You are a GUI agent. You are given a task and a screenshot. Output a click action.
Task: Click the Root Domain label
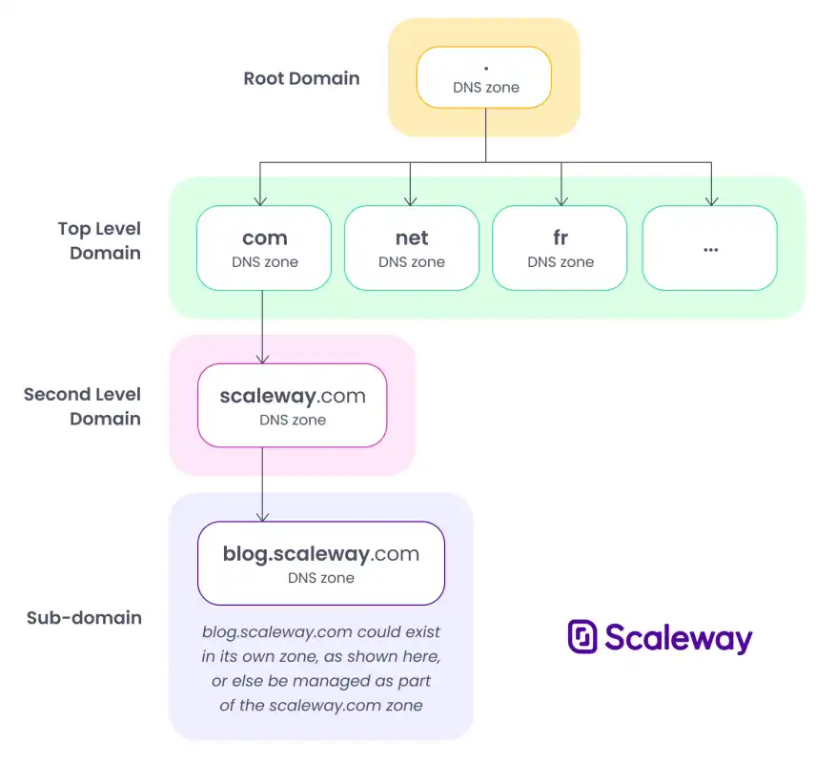tap(301, 78)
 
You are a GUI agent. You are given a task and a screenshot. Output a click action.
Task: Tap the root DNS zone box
tap(484, 77)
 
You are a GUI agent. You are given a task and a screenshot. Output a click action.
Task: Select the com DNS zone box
tap(264, 248)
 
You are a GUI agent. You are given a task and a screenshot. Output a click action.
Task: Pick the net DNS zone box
tap(412, 248)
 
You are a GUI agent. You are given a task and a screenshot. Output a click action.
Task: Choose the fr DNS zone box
tap(560, 248)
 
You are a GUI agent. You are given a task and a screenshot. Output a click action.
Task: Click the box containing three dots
tap(709, 248)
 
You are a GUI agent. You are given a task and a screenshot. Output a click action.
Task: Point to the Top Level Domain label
tap(100, 240)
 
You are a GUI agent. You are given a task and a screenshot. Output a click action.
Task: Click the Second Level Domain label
tap(83, 406)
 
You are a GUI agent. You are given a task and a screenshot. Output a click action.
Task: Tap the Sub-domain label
tap(84, 618)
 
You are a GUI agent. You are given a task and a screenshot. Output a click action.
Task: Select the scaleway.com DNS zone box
tap(293, 405)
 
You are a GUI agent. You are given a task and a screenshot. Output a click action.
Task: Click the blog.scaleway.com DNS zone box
tap(321, 564)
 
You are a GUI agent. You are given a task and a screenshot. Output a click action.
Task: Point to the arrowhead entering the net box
tap(411, 201)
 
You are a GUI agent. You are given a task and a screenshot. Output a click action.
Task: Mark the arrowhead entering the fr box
tap(561, 201)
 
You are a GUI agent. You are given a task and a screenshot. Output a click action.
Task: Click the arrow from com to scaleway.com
tap(262, 327)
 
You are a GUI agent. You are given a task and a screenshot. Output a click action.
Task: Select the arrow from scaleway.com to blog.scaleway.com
tap(262, 485)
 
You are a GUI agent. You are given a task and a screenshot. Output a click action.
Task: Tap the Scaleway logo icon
tap(582, 636)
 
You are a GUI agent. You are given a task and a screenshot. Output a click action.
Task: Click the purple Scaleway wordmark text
tap(679, 638)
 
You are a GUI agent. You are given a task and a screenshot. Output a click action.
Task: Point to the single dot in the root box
tap(486, 69)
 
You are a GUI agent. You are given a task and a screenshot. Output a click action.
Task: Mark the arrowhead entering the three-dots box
tap(712, 201)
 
